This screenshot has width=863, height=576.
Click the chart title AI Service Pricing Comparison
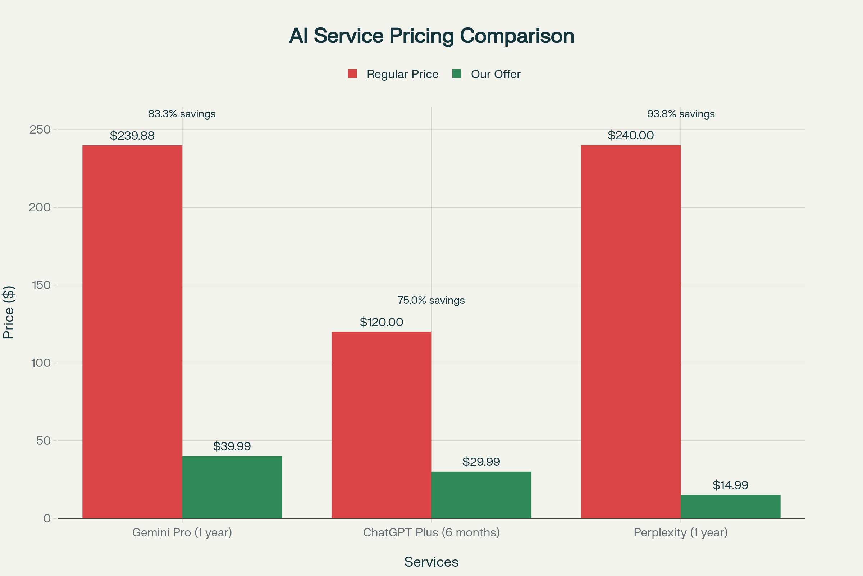point(431,36)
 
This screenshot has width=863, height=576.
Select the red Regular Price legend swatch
point(352,74)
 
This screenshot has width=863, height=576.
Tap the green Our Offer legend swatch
point(456,74)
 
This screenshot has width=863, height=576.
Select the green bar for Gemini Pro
point(232,487)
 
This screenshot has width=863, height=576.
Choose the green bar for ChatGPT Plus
point(481,495)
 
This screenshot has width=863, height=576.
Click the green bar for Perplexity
point(730,507)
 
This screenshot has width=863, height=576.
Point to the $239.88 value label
point(132,136)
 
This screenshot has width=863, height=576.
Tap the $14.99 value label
point(730,485)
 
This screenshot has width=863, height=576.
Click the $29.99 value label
point(481,462)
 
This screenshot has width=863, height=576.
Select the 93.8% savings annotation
point(681,114)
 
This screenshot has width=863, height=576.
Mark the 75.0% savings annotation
point(431,301)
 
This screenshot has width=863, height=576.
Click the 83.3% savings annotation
point(182,114)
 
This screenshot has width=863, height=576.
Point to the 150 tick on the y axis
point(41,285)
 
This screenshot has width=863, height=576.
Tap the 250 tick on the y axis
point(40,130)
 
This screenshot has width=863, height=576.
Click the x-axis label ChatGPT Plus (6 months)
point(431,532)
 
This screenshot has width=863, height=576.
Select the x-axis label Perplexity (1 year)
point(680,532)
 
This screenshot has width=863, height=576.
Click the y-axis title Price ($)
point(8,312)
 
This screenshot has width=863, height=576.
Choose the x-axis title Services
point(431,562)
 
